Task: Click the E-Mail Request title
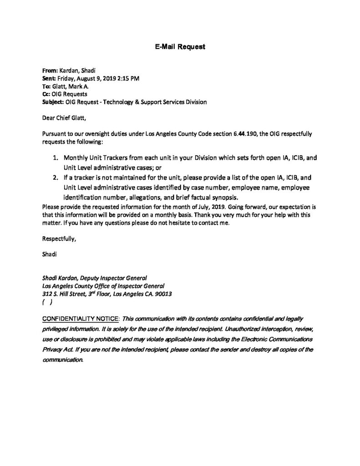click(x=180, y=47)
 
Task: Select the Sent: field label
click(x=49, y=78)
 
